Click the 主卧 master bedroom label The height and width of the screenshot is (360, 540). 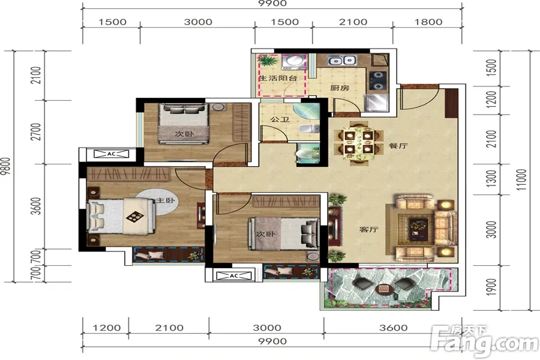[x=166, y=200]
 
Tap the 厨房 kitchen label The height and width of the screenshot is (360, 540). [x=340, y=88]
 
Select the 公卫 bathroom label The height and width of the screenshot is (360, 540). [x=280, y=119]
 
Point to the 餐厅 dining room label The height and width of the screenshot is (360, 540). [x=398, y=146]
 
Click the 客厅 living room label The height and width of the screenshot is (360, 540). [x=369, y=229]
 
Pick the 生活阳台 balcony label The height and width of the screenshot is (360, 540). [x=278, y=78]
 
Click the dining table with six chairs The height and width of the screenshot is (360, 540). [x=358, y=142]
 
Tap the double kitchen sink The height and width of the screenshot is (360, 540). [x=341, y=61]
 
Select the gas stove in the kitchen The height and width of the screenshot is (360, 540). [x=378, y=80]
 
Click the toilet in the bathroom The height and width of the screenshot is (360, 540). [x=309, y=129]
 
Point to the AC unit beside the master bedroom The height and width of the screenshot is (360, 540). [x=111, y=154]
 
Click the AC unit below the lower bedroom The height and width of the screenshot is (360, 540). [x=234, y=275]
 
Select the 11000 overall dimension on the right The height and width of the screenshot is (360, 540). [x=521, y=180]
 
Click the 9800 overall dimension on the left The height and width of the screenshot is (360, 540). [x=5, y=166]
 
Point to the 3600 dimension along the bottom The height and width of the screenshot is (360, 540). [x=393, y=328]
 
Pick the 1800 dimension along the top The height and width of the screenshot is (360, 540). [x=428, y=22]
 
